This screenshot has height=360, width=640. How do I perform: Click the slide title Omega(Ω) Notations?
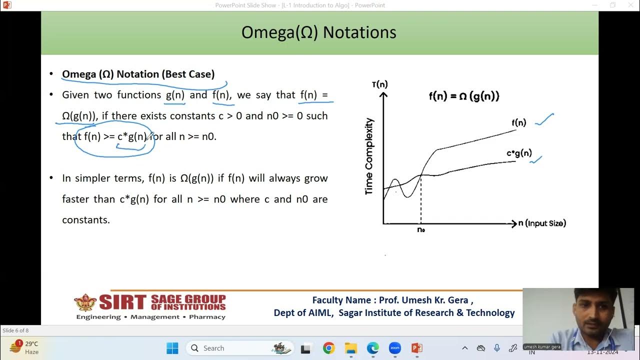tap(318, 32)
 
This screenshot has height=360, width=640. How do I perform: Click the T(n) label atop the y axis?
tap(379, 84)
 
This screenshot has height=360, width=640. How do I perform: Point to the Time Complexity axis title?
tap(369, 156)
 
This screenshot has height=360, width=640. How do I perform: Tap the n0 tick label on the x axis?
tap(421, 230)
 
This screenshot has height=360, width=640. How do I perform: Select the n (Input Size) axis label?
tap(542, 223)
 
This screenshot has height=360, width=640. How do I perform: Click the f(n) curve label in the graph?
tap(518, 122)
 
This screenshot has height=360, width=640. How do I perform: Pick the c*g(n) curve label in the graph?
tap(519, 153)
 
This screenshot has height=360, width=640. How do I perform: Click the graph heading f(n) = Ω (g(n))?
tap(464, 96)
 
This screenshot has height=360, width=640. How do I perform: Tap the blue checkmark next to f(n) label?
tap(544, 119)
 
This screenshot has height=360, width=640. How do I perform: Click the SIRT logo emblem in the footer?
tap(85, 302)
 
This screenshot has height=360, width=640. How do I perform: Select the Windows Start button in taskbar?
tap(172, 348)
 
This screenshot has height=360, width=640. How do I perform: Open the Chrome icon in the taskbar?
tap(328, 348)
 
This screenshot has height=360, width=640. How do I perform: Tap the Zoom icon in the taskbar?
tap(395, 348)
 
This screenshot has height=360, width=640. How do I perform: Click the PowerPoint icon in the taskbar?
tap(416, 348)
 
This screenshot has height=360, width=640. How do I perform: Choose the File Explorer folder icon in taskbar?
tap(350, 348)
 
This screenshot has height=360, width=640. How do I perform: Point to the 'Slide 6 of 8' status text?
tap(15, 330)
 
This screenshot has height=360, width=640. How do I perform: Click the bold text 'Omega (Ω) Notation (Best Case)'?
tap(138, 74)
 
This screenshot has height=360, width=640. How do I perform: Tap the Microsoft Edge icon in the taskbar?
tap(372, 348)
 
